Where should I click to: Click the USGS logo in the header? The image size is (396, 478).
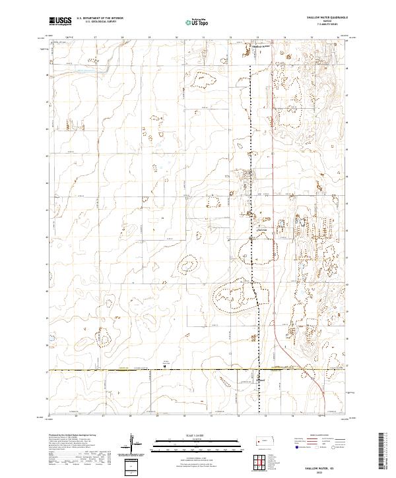[x=61, y=21]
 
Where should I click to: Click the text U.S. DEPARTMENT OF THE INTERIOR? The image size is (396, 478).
[x=100, y=18]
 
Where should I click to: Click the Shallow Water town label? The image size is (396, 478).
[x=262, y=46]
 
